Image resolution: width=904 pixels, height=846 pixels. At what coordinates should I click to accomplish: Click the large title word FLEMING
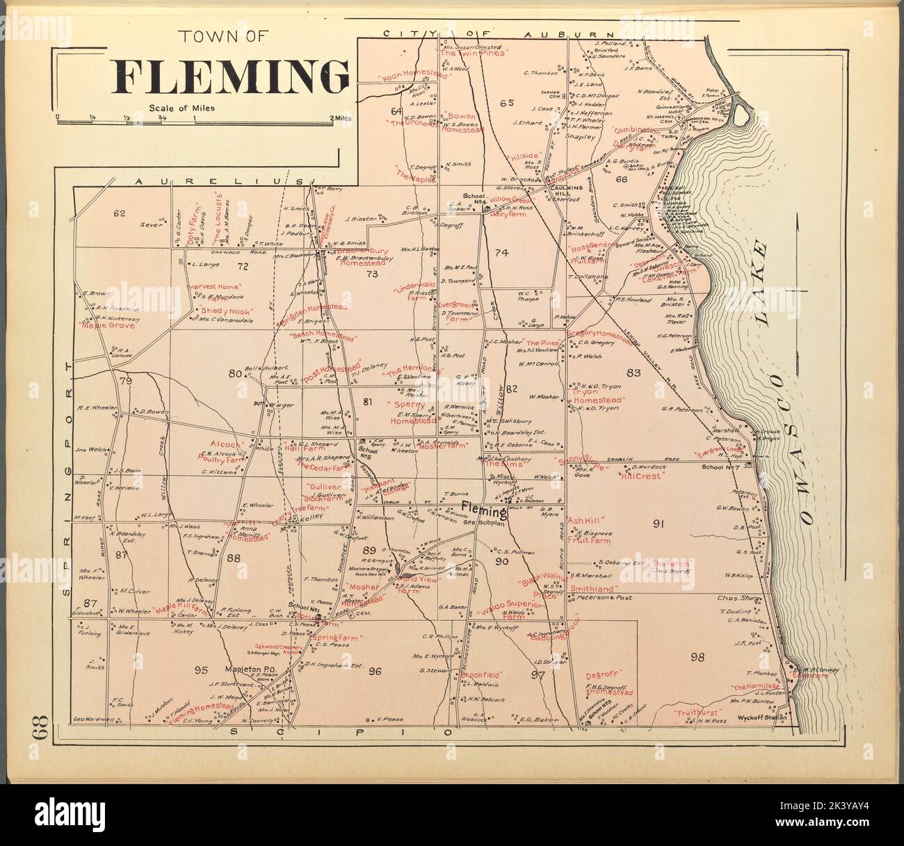click(x=231, y=75)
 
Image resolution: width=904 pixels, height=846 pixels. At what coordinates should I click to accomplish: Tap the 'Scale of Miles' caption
click(x=181, y=108)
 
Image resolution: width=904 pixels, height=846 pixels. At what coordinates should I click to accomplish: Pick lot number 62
click(x=119, y=213)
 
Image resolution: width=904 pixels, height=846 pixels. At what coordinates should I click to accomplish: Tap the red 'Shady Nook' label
click(x=224, y=311)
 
